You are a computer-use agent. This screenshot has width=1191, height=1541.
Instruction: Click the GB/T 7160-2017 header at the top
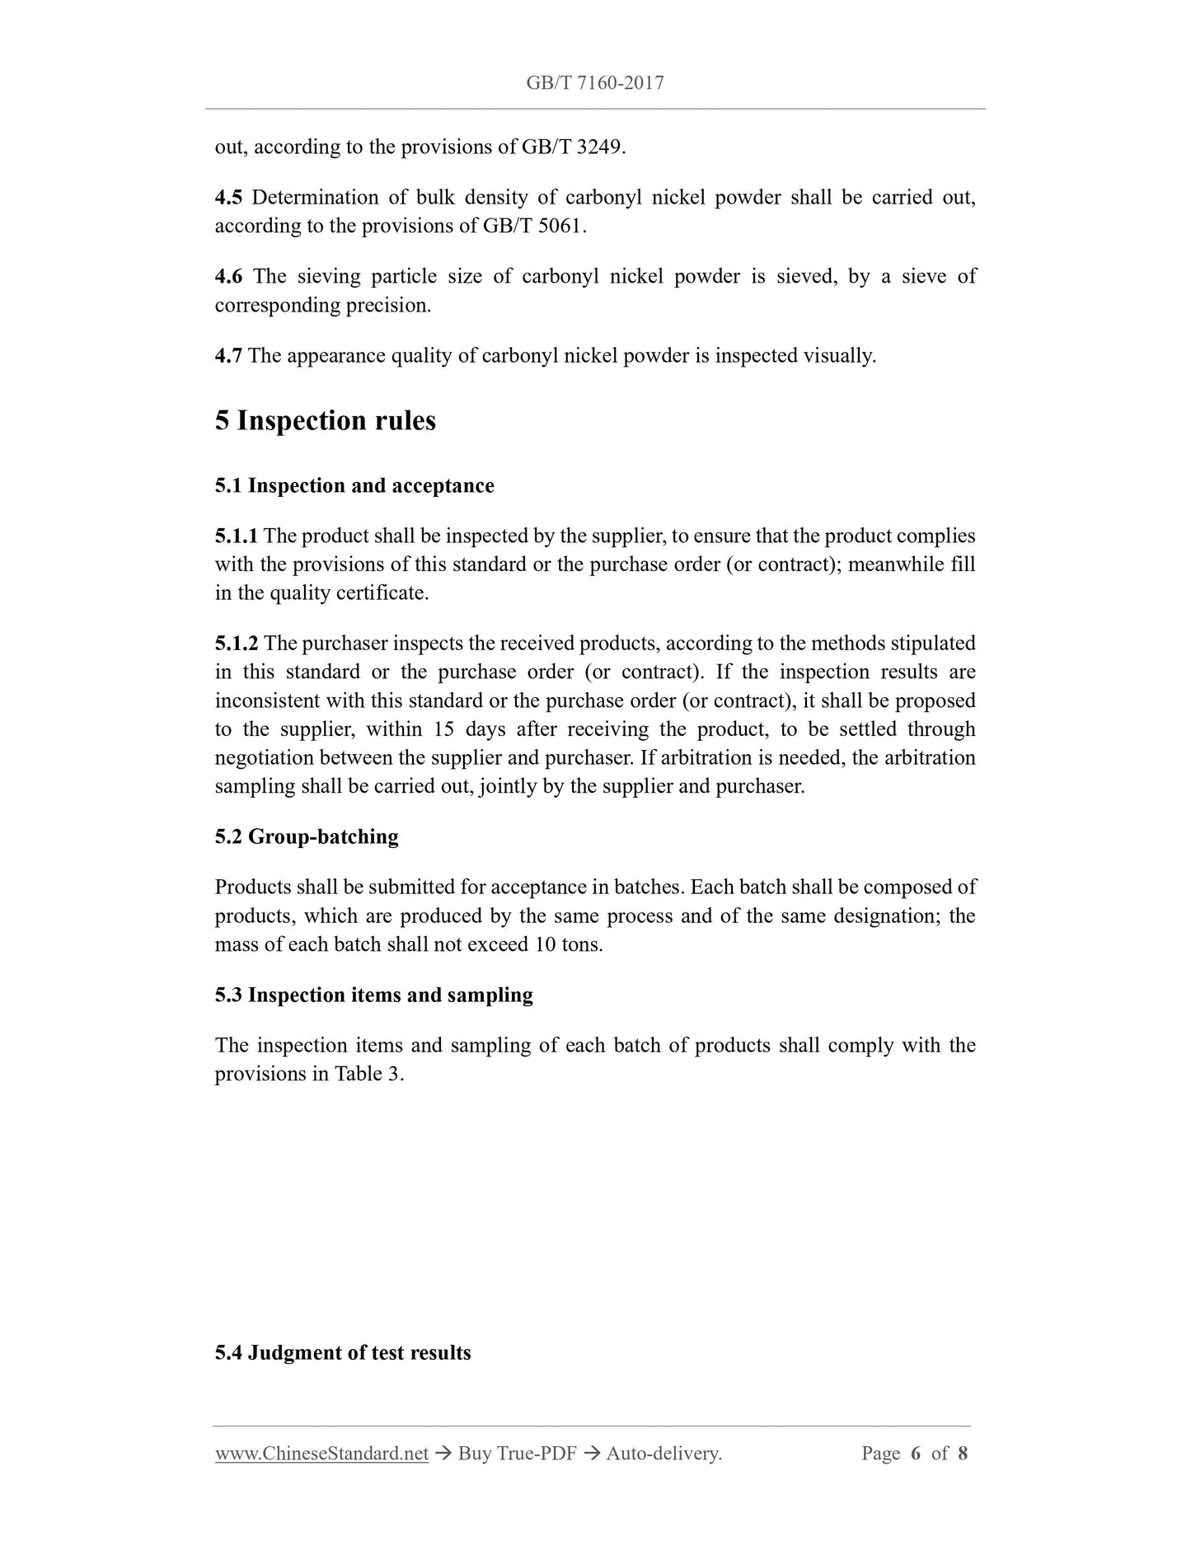pyautogui.click(x=594, y=82)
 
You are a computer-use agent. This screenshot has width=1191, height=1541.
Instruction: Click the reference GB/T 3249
pyautogui.click(x=572, y=148)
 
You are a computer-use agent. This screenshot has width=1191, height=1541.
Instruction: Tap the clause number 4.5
pyautogui.click(x=228, y=198)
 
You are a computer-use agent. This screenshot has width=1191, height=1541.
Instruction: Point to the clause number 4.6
pyautogui.click(x=228, y=277)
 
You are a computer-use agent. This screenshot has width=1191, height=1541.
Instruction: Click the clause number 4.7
pyautogui.click(x=228, y=356)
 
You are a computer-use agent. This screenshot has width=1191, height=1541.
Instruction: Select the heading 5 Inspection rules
pyautogui.click(x=325, y=421)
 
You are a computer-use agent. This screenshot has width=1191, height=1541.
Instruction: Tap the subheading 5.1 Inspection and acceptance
pyautogui.click(x=354, y=486)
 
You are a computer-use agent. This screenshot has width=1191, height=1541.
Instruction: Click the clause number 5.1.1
pyautogui.click(x=236, y=536)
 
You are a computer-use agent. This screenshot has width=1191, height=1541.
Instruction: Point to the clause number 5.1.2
pyautogui.click(x=236, y=644)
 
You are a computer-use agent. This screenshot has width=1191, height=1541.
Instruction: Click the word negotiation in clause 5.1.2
pyautogui.click(x=264, y=758)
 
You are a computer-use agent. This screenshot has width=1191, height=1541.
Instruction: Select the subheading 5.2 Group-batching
pyautogui.click(x=307, y=837)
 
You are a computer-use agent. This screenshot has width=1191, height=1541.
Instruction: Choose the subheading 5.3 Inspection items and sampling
pyautogui.click(x=373, y=995)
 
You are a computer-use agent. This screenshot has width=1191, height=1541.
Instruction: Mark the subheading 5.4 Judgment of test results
pyautogui.click(x=343, y=1353)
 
